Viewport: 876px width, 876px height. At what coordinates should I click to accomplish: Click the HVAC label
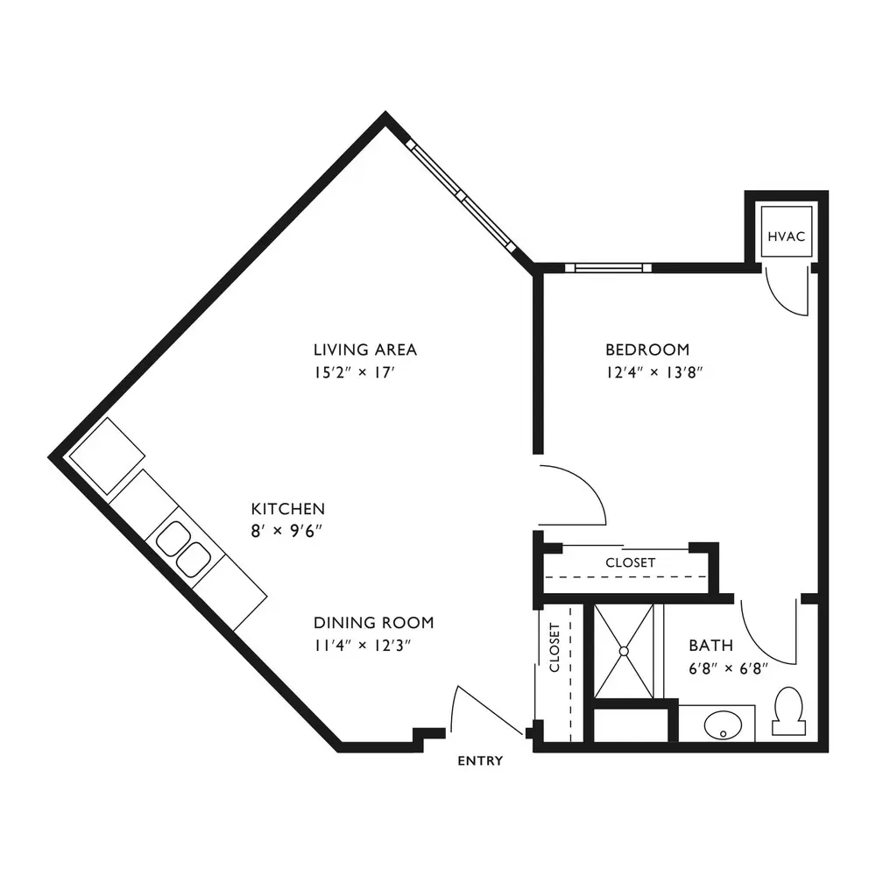786,237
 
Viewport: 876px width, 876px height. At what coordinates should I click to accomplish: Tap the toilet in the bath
789,710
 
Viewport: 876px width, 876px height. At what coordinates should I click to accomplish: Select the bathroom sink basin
723,724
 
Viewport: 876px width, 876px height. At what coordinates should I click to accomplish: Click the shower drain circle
624,651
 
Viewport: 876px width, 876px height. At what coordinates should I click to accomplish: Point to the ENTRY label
480,760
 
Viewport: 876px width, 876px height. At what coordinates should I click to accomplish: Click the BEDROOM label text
647,350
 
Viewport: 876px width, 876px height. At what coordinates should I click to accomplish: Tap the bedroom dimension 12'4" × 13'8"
654,372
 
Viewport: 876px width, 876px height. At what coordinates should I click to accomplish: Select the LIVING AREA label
364,350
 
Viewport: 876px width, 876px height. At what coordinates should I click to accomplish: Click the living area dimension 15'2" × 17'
355,372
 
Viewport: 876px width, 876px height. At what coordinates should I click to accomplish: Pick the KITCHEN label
287,509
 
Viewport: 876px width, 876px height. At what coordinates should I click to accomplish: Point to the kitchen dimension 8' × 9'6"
286,531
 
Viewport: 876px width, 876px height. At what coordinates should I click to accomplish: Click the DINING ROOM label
373,622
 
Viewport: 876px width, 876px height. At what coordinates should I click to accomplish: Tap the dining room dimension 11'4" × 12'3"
363,646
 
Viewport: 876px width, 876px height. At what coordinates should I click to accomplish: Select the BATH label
710,646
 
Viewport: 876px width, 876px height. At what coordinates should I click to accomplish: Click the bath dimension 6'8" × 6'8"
729,668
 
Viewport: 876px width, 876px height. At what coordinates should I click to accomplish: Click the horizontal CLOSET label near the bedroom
630,562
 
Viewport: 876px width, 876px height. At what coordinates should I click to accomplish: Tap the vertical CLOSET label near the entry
555,647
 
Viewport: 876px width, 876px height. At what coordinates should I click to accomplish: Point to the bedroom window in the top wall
608,267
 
